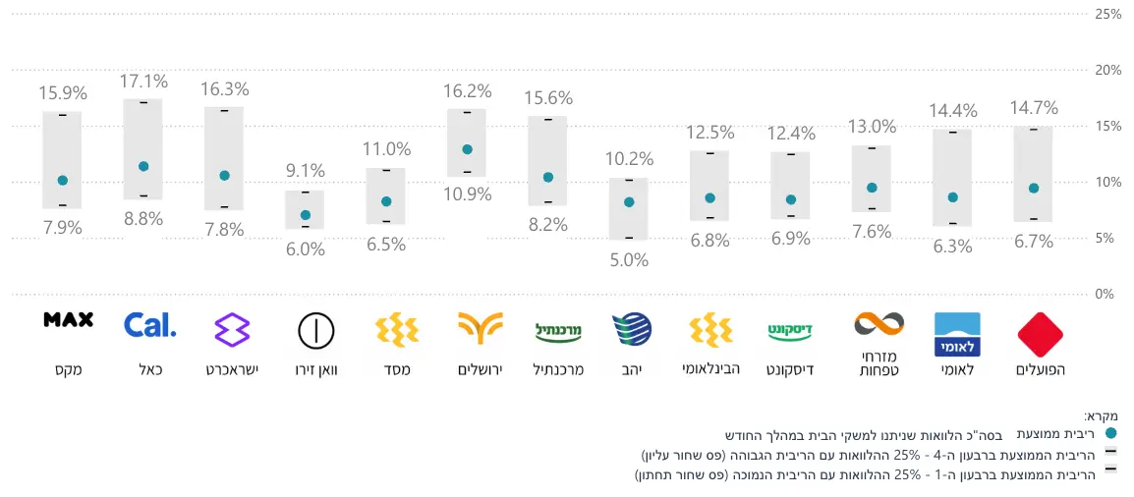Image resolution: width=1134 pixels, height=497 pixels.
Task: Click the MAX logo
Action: tap(69, 319)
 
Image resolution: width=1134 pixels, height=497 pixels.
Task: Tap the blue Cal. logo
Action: tap(150, 325)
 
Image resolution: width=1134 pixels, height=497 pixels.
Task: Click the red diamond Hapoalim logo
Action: tap(1041, 335)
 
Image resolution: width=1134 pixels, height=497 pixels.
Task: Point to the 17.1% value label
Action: tap(143, 81)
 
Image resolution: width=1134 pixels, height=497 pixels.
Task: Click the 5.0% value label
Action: tap(629, 260)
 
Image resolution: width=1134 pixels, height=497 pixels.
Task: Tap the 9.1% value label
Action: tap(305, 170)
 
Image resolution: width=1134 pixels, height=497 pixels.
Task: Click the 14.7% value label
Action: tap(1034, 108)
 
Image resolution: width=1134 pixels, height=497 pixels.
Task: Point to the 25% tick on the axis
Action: tap(1107, 15)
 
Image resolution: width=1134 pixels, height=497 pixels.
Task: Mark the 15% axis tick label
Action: tap(1107, 127)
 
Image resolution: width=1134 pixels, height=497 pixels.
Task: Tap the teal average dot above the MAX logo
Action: tap(63, 180)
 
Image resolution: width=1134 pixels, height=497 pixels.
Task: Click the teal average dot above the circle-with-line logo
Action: tap(305, 215)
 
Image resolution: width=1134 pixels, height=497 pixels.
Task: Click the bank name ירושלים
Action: tap(480, 370)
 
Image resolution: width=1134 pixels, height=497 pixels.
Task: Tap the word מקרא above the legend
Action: tap(1104, 415)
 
